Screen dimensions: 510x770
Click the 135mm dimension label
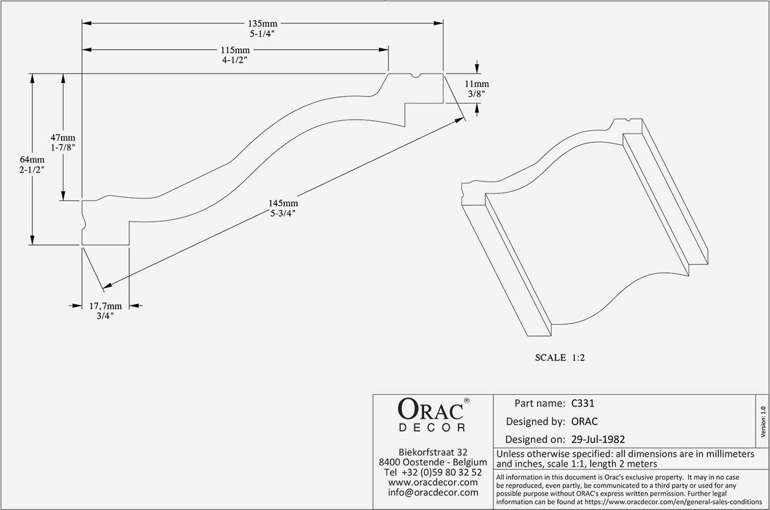point(262,23)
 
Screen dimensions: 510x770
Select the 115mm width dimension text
point(235,50)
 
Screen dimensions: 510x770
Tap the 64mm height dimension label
point(32,160)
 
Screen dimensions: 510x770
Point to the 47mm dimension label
point(64,138)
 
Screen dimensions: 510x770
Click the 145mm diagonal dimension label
point(283,204)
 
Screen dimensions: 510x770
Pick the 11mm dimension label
point(476,84)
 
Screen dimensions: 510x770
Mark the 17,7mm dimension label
point(105,306)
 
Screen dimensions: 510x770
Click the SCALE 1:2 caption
point(560,357)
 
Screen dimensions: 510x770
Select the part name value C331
point(582,403)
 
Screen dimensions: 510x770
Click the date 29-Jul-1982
point(598,439)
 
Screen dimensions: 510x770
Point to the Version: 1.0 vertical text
point(763,422)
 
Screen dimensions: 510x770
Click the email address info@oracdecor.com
point(433,492)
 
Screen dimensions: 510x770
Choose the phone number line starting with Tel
point(433,472)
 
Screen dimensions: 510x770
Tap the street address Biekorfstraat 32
point(433,452)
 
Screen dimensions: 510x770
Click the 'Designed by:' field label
point(535,421)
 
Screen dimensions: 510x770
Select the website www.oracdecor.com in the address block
point(433,482)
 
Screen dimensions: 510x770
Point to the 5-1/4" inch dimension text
point(262,33)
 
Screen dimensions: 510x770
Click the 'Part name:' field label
point(539,403)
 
